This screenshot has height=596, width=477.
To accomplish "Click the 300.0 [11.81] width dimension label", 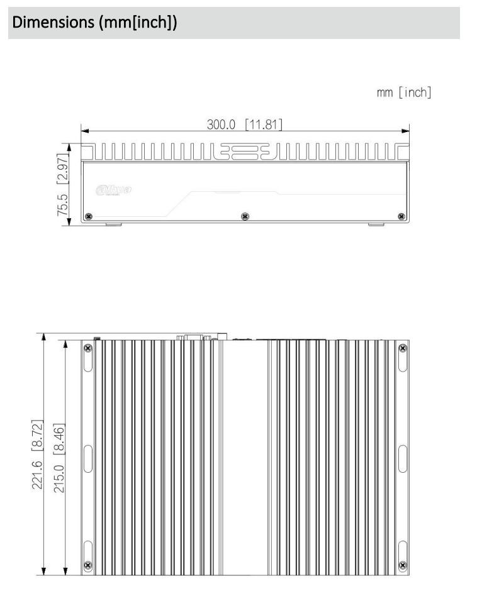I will [x=245, y=124].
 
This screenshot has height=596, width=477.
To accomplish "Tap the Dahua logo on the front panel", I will [x=111, y=188].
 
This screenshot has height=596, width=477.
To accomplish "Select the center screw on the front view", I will [x=245, y=217].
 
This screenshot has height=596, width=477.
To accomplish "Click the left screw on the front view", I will [x=89, y=217].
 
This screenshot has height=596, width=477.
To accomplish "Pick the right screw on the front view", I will [x=401, y=217].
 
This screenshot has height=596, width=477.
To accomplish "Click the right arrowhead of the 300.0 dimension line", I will [x=406, y=131].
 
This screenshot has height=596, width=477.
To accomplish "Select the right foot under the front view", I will [x=375, y=223].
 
